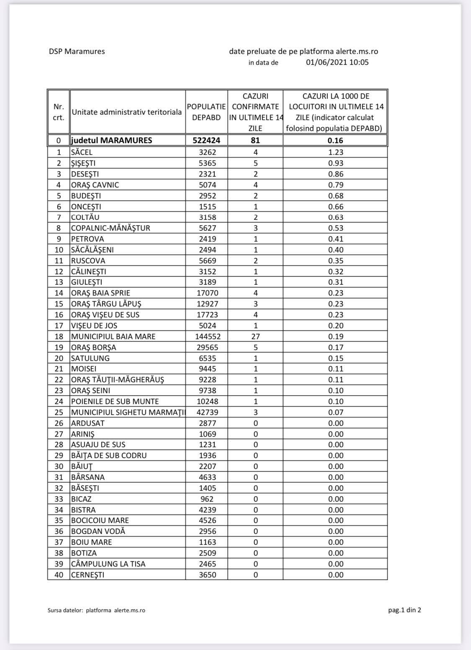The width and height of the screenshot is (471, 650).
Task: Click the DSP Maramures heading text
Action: point(77,52)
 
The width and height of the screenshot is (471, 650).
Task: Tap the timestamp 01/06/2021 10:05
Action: point(337,62)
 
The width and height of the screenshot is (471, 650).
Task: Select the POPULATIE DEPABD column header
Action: point(206,112)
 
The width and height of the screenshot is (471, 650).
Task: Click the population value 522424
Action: point(206,141)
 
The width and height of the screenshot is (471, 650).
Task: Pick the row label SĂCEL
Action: point(82,152)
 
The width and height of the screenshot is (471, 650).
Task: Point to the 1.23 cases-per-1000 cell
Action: point(335,152)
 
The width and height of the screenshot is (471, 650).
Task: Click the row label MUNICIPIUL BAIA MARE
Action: point(113,337)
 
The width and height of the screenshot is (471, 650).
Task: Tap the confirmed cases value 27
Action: point(255,337)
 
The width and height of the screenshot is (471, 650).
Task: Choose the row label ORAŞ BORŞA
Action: point(93,348)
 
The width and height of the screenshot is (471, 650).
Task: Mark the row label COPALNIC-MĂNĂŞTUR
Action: point(111,228)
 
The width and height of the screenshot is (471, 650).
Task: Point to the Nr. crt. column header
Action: point(59,112)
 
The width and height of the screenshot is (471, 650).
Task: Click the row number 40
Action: point(59,575)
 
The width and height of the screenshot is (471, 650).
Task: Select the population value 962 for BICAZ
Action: point(206,499)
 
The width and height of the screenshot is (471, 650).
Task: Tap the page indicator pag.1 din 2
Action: point(404,610)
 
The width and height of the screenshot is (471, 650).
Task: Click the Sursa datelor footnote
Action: point(96,610)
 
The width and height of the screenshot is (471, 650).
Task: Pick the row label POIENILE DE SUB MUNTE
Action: point(115,402)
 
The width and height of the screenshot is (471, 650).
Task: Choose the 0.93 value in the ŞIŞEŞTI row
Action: point(335,163)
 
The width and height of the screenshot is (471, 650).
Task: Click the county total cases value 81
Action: point(255,141)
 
